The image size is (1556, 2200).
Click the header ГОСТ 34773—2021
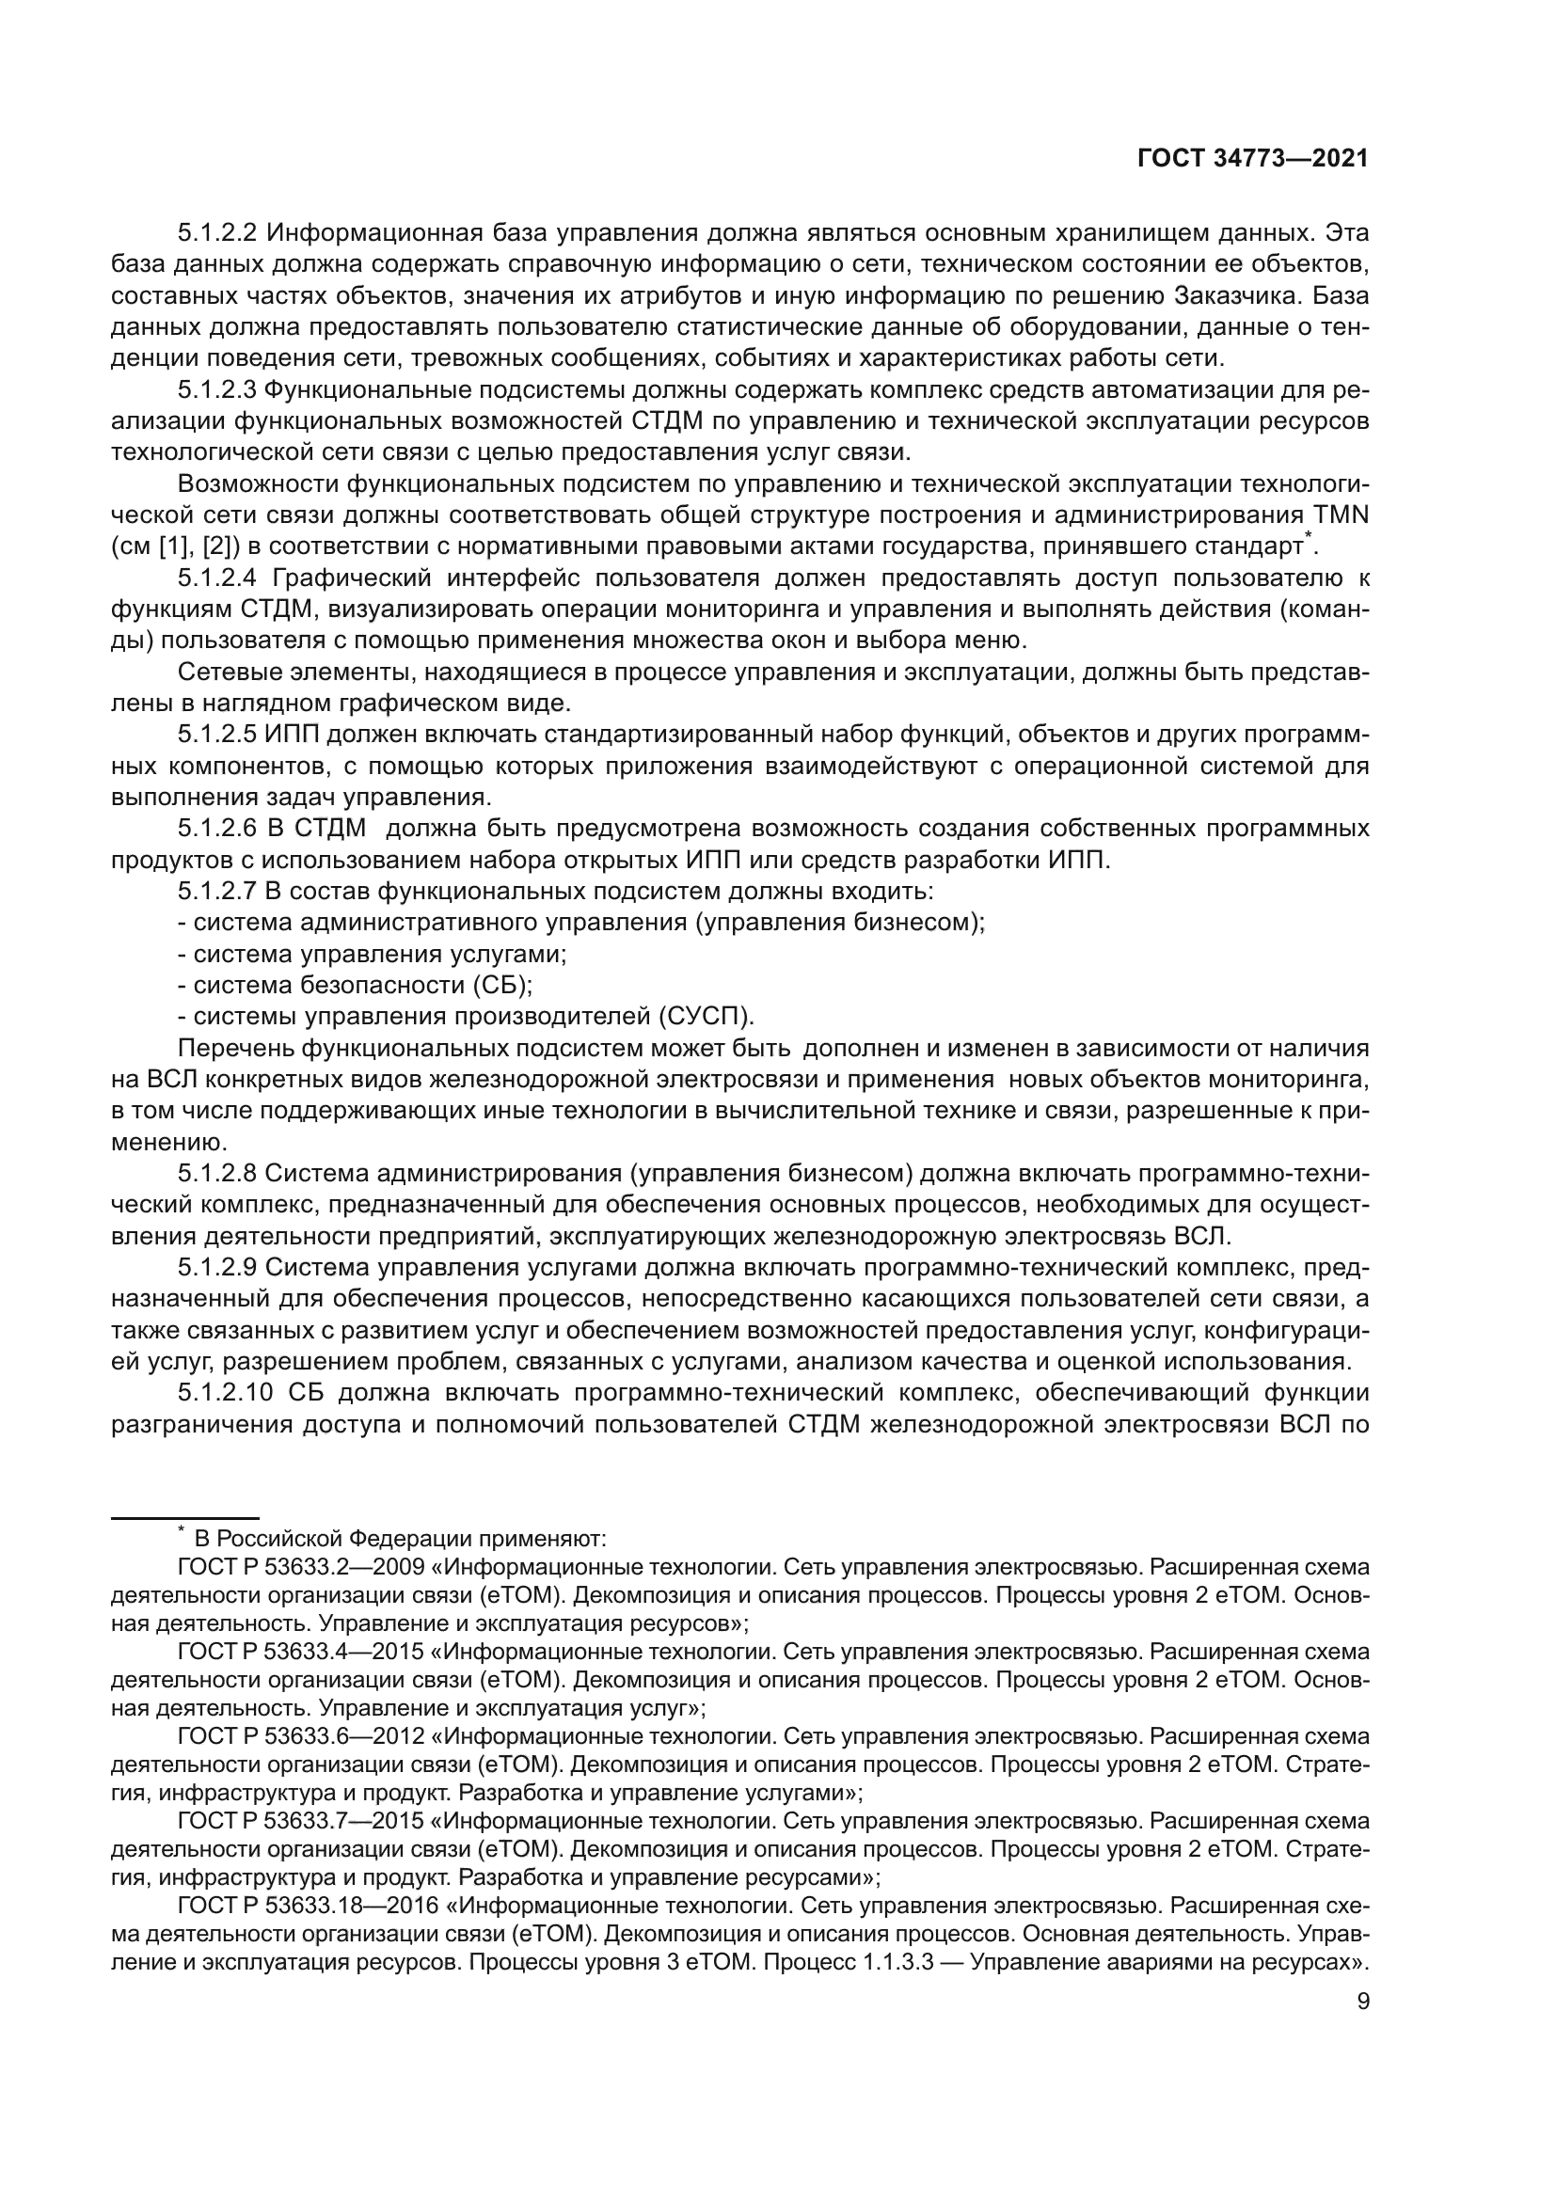click(1252, 158)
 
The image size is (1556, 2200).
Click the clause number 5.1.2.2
click(217, 233)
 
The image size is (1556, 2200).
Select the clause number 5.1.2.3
click(217, 390)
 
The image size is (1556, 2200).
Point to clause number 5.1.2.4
click(217, 578)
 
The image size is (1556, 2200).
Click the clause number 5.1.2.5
click(217, 735)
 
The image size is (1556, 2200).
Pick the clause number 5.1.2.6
click(217, 828)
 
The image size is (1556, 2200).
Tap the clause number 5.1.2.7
click(217, 891)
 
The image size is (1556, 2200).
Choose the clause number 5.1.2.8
click(217, 1173)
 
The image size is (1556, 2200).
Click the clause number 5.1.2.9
click(217, 1267)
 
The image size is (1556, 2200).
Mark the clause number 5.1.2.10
click(223, 1392)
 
